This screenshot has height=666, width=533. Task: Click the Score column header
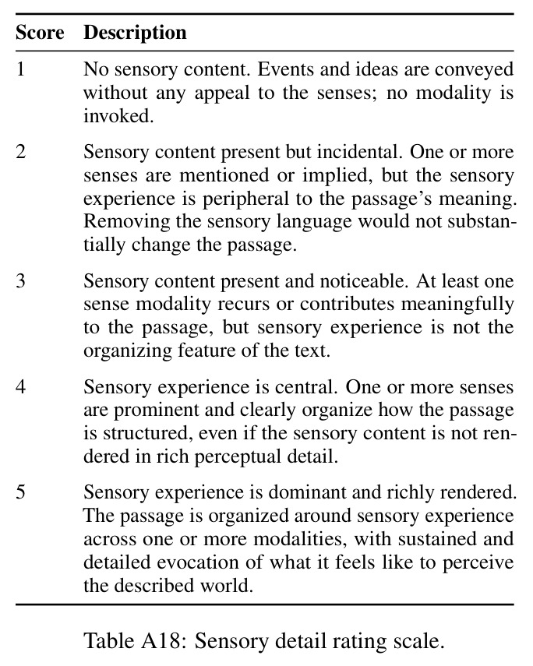40,33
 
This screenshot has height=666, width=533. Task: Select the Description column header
135,33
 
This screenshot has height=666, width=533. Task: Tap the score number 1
20,69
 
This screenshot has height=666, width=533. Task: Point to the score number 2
20,152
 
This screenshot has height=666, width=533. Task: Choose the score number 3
20,281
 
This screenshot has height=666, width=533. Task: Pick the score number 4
20,387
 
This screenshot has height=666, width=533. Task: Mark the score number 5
20,492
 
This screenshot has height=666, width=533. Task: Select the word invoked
118,115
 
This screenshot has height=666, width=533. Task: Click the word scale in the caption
420,641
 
